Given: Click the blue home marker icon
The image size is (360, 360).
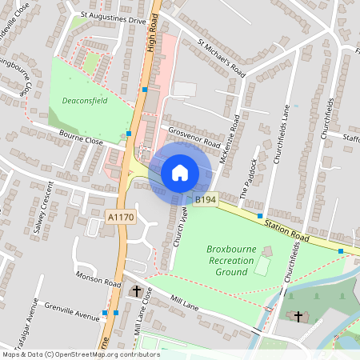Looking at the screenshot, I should (x=180, y=172).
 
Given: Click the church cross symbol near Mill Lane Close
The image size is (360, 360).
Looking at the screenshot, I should (x=136, y=291).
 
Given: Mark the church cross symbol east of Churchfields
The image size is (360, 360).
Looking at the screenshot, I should (x=298, y=317).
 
